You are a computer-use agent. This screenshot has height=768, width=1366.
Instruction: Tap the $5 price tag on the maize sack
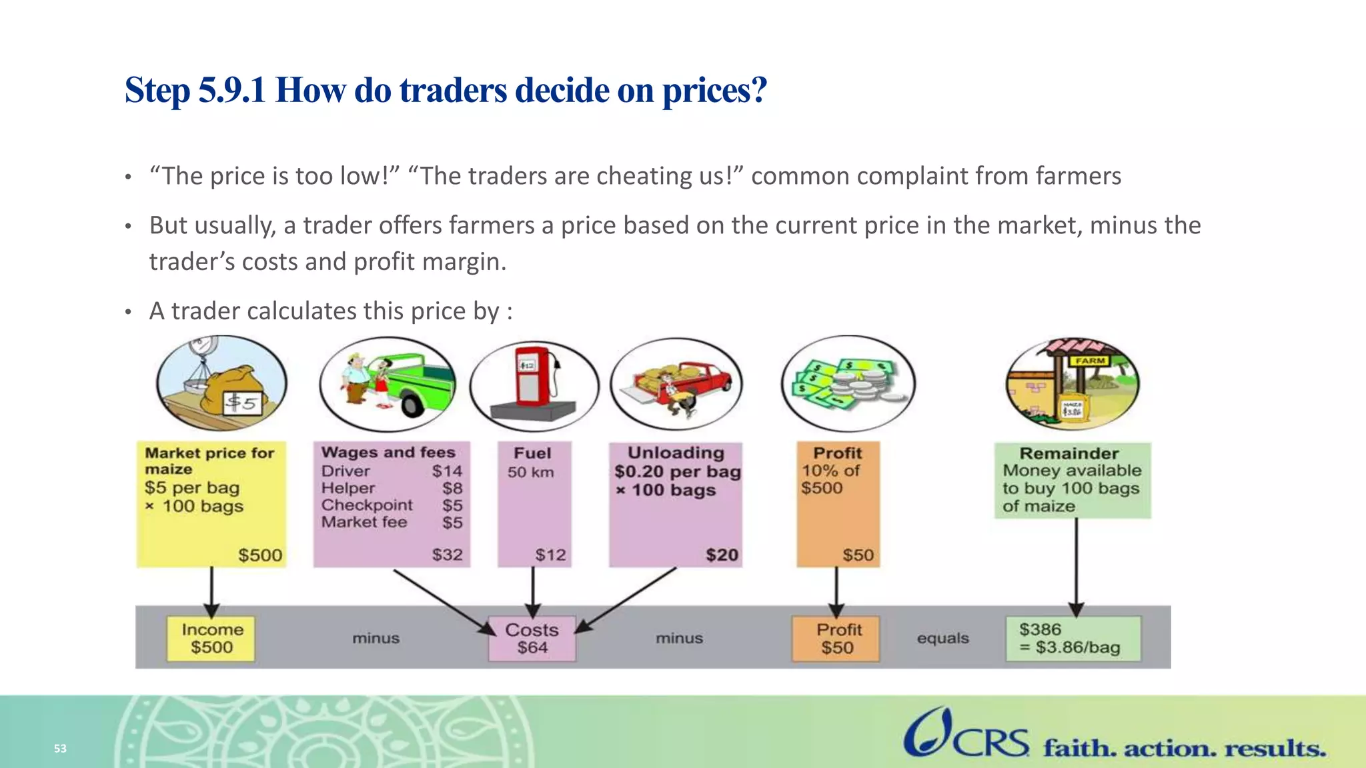click(x=241, y=402)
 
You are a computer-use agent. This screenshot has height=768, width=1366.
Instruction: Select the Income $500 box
click(x=211, y=639)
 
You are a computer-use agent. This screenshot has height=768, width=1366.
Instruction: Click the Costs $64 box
click(x=532, y=639)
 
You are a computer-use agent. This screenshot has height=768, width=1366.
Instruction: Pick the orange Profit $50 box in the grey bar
click(x=836, y=639)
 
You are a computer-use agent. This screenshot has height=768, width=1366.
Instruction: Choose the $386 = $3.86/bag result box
click(x=1073, y=639)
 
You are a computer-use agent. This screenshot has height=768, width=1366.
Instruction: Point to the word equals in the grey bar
click(x=942, y=638)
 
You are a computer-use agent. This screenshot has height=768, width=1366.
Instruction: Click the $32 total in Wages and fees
click(x=447, y=555)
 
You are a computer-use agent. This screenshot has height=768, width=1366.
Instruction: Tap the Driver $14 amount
click(x=447, y=471)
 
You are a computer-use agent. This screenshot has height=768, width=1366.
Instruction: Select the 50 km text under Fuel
click(x=530, y=472)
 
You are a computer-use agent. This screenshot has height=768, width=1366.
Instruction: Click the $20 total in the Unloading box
click(x=722, y=555)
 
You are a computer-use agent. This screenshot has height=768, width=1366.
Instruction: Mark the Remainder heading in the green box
click(x=1069, y=453)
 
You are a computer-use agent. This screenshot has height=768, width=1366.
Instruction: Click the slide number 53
click(x=60, y=749)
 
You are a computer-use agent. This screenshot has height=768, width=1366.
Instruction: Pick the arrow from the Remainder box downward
click(x=1076, y=567)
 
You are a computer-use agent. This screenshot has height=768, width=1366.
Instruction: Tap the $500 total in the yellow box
click(x=260, y=555)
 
